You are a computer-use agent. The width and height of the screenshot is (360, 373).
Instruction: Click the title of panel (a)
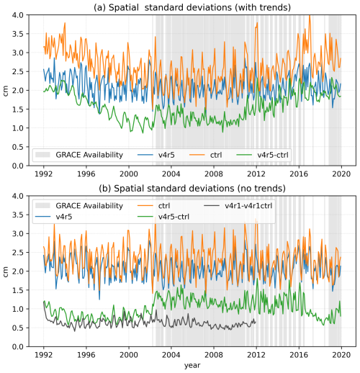point(192,7)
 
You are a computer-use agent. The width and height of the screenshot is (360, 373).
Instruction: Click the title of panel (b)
point(192,189)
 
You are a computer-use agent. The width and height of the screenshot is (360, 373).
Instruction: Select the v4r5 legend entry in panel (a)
point(156,155)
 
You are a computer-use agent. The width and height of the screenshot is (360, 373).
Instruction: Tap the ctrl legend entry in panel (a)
point(206,155)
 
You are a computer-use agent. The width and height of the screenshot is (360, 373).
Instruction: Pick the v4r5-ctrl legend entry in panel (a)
point(262,155)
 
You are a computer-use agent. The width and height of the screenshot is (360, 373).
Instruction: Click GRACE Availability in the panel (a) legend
point(79,155)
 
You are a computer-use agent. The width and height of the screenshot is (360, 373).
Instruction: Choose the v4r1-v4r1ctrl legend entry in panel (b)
point(238,206)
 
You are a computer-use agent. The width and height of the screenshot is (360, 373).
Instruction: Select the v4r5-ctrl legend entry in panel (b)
point(163,217)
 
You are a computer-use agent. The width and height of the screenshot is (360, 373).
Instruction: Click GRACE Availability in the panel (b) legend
point(79,206)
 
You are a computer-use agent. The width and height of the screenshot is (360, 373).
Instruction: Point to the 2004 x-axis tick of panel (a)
point(171,174)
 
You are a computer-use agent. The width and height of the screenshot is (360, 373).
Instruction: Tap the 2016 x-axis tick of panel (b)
point(299,355)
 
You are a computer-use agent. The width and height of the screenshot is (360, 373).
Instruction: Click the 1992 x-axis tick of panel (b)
point(44,355)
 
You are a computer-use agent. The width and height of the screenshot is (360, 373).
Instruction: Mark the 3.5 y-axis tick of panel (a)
point(18,34)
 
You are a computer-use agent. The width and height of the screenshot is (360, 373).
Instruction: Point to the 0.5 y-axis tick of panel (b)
point(18,328)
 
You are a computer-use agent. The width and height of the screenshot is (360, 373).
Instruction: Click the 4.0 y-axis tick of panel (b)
point(18,196)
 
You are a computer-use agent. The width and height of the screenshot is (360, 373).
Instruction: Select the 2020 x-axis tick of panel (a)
point(341,174)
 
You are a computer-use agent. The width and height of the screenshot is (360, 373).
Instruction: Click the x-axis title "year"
point(192,366)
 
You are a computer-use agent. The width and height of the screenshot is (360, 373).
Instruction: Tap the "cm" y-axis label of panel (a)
point(6,91)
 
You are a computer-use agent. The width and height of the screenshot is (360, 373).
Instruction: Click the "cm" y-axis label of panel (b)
point(6,271)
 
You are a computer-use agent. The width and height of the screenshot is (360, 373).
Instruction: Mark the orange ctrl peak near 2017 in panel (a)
point(310,16)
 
